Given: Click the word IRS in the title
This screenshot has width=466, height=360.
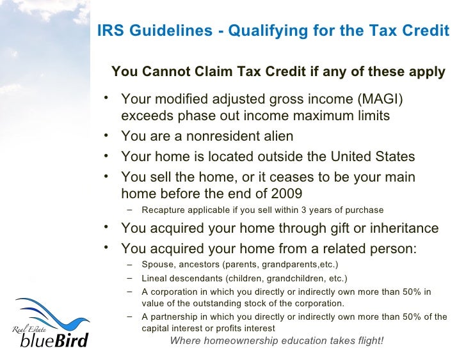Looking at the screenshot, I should [109, 31].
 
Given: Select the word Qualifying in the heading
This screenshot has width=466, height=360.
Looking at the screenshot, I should [263, 31].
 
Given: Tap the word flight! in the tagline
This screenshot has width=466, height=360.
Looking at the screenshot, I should [367, 340].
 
